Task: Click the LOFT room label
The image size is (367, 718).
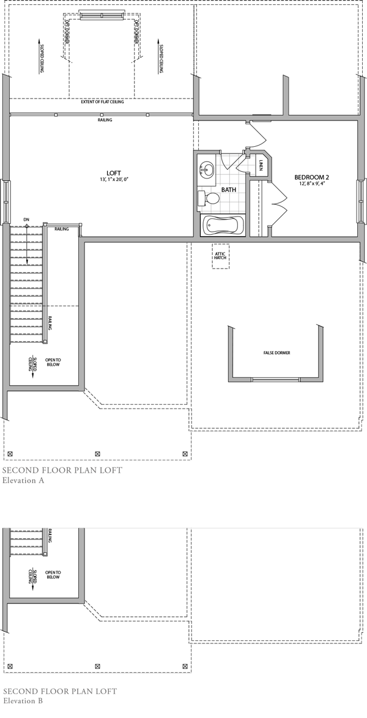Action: (x=113, y=173)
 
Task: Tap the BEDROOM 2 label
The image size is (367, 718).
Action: (x=314, y=177)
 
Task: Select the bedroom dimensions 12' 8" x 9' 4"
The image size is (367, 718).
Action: (x=314, y=183)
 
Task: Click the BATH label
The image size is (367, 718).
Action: (x=229, y=190)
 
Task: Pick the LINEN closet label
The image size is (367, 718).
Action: (x=261, y=165)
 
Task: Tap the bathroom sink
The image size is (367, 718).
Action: (x=208, y=169)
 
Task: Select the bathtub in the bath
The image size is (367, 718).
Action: (x=223, y=225)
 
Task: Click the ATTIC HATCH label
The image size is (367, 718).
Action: (x=220, y=255)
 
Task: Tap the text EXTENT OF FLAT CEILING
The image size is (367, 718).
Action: (x=102, y=102)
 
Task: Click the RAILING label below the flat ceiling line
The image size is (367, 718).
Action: (x=105, y=120)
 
